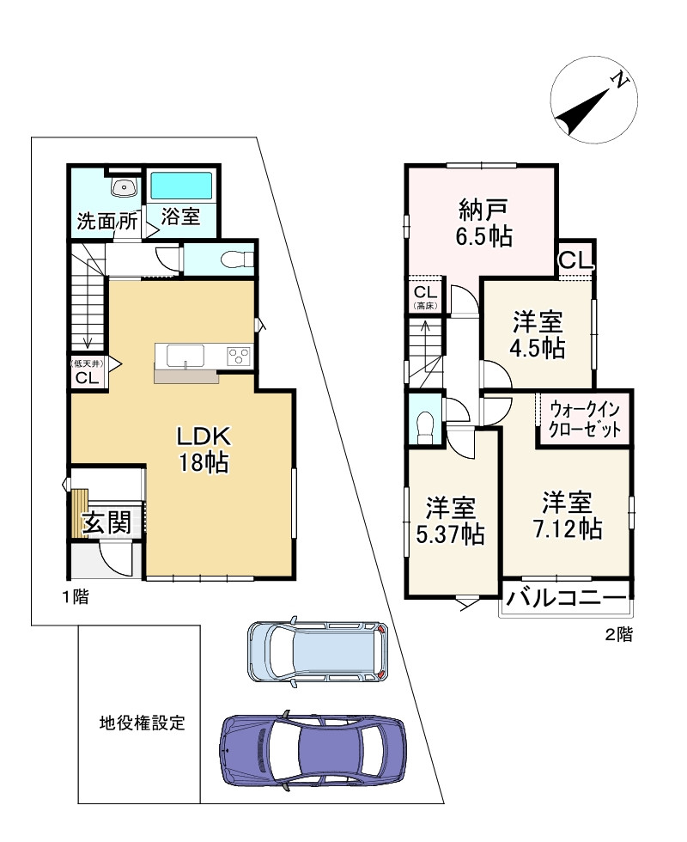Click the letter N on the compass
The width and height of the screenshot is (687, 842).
pos(620,80)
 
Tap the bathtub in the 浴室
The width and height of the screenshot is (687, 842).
pos(180,186)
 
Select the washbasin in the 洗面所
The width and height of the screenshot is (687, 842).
pos(125,187)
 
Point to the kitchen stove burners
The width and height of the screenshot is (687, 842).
pos(239,356)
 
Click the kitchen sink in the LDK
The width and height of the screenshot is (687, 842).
pos(185,356)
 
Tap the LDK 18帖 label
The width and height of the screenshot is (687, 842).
pos(204,449)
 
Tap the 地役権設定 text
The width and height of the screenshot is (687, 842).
pos(143,723)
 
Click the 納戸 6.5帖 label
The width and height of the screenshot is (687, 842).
pos(484,223)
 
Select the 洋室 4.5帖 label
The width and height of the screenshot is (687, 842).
pos(538,334)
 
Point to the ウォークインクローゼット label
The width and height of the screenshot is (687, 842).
pos(585,419)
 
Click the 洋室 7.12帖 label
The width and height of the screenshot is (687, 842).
pos(568,516)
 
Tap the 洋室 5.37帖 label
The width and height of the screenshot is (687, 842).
pos(451,521)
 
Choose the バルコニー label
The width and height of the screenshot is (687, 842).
pos(566,596)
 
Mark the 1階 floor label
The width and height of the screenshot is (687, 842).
pos(75,596)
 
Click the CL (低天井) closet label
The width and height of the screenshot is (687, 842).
pos(88,371)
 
